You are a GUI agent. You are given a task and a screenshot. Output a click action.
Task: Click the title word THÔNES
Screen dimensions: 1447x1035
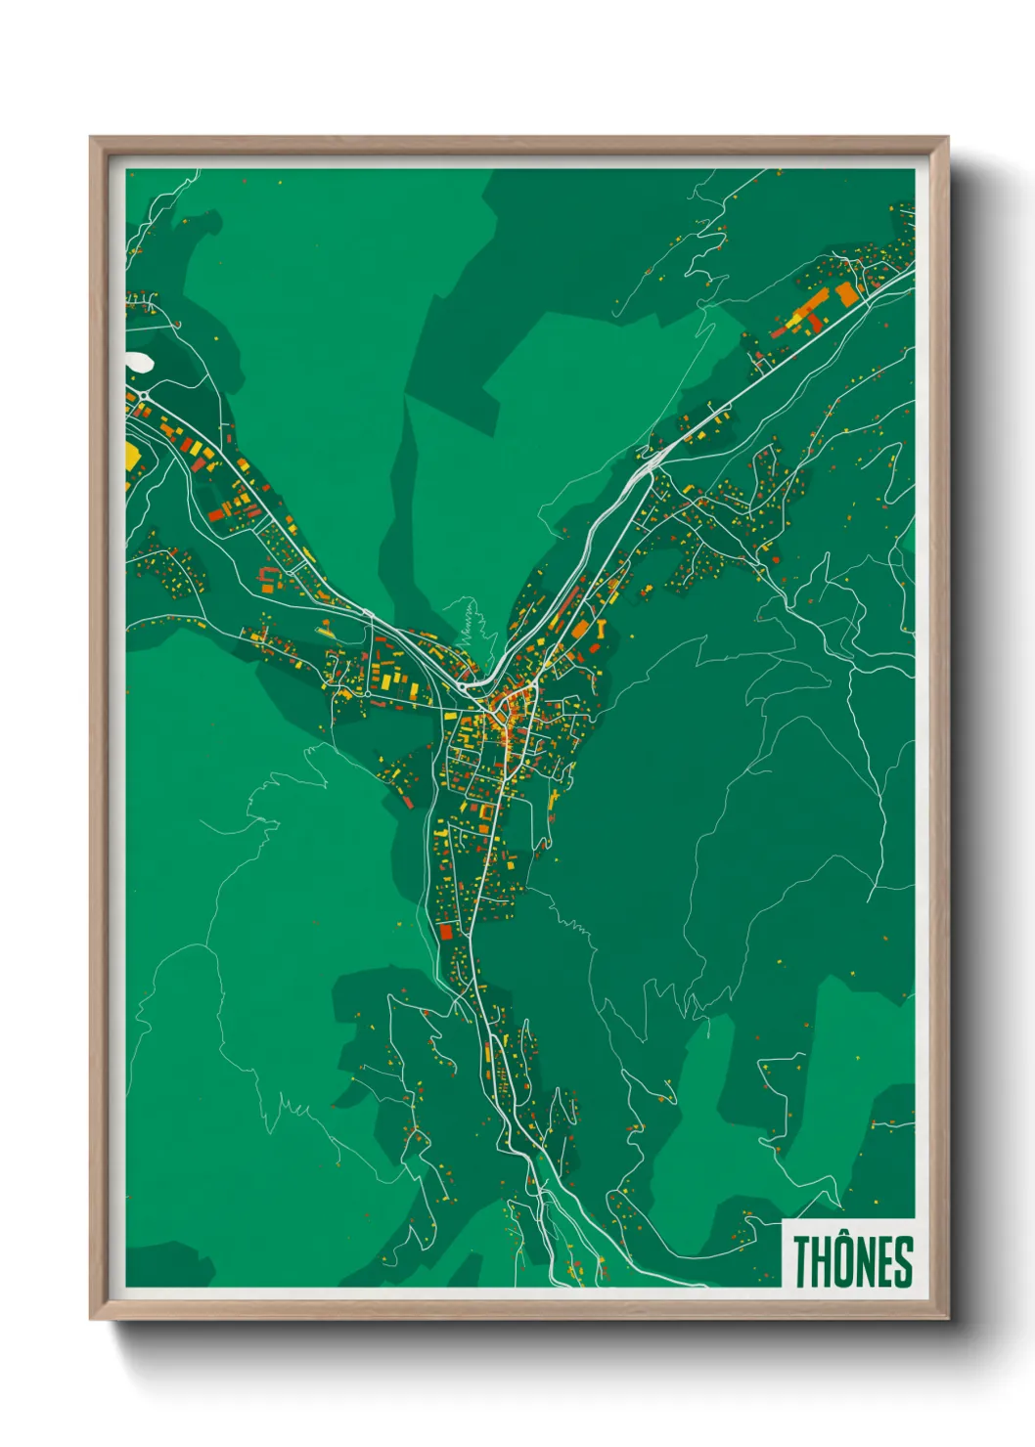pyautogui.click(x=852, y=1261)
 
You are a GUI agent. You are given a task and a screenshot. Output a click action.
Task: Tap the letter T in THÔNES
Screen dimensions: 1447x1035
pyautogui.click(x=802, y=1262)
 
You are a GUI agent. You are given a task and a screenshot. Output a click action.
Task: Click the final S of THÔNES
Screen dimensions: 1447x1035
pyautogui.click(x=903, y=1262)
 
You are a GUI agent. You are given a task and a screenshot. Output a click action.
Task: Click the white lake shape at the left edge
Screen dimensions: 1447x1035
pyautogui.click(x=137, y=363)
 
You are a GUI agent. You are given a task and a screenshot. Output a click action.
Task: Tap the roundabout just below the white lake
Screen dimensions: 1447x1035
pyautogui.click(x=144, y=394)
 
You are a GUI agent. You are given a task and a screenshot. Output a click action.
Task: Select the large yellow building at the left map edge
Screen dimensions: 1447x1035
pyautogui.click(x=132, y=456)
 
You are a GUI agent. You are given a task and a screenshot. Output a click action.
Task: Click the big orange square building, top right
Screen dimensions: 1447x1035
pyautogui.click(x=846, y=293)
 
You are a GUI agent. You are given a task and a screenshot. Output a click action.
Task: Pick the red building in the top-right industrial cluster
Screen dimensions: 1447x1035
pyautogui.click(x=779, y=332)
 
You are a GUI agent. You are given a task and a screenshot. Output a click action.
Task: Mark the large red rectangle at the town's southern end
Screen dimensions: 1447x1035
pyautogui.click(x=446, y=931)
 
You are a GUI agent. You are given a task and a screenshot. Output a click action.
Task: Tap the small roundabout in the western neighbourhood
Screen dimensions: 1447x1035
pyautogui.click(x=370, y=614)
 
